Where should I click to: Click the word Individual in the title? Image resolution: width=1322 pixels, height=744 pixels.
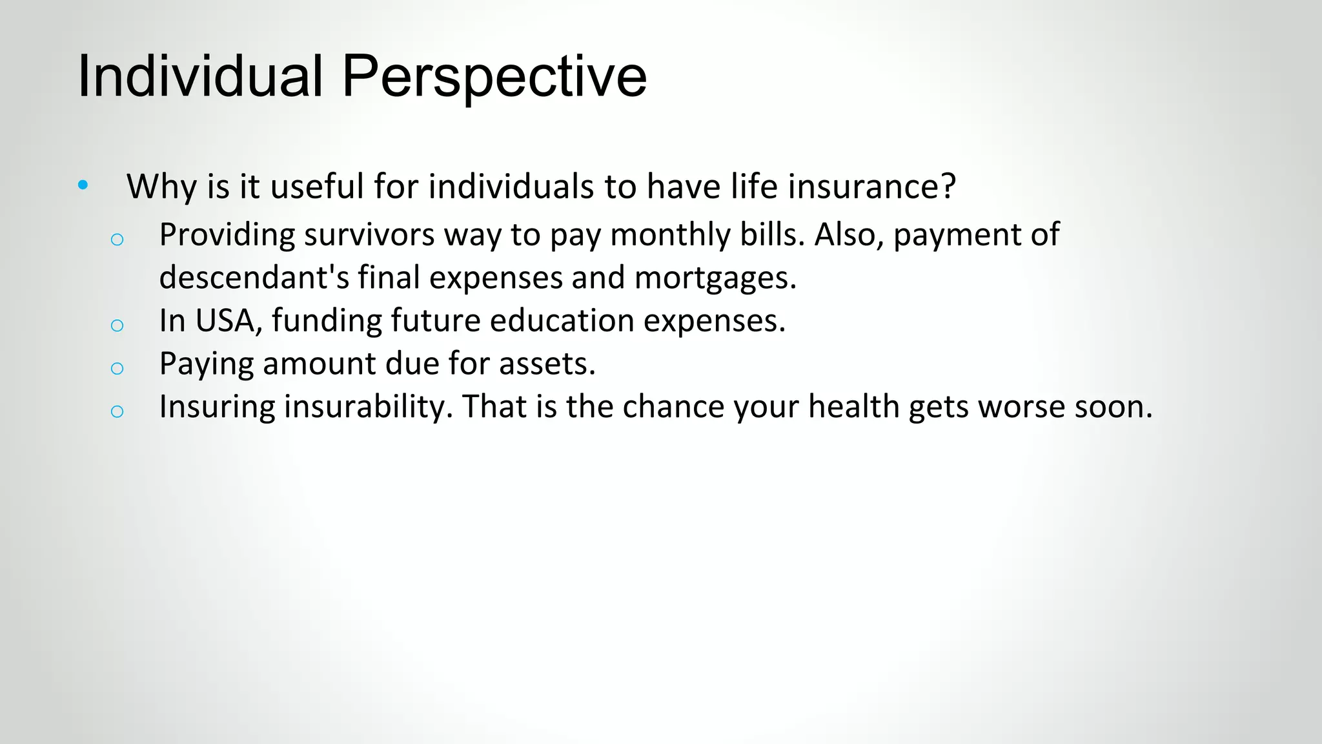click(x=199, y=76)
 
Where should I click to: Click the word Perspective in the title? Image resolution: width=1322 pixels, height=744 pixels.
click(x=494, y=76)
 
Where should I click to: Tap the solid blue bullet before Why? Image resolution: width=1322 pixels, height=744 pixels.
click(x=83, y=185)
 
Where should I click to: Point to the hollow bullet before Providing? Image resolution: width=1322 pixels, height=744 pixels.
click(x=117, y=240)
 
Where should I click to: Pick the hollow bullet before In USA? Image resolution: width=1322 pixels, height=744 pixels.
click(x=117, y=325)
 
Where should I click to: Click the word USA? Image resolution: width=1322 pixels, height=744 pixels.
click(x=227, y=320)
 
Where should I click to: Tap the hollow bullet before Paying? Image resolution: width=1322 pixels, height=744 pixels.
click(x=117, y=368)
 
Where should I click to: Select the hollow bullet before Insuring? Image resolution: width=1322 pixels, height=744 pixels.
click(x=117, y=411)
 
